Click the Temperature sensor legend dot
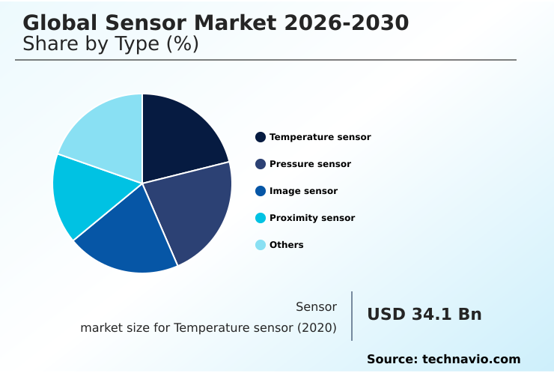pos(261,137)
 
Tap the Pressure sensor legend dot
pos(261,164)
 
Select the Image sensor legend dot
pos(261,191)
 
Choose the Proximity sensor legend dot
pos(261,218)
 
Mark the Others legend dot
pos(261,245)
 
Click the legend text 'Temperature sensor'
pos(320,137)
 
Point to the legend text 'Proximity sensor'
pos(312,218)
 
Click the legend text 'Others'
pos(287,245)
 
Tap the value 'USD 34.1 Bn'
pos(424,315)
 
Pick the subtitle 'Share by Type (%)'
pos(111,44)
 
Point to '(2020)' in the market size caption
pos(317,328)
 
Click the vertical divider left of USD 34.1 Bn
pos(352,316)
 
